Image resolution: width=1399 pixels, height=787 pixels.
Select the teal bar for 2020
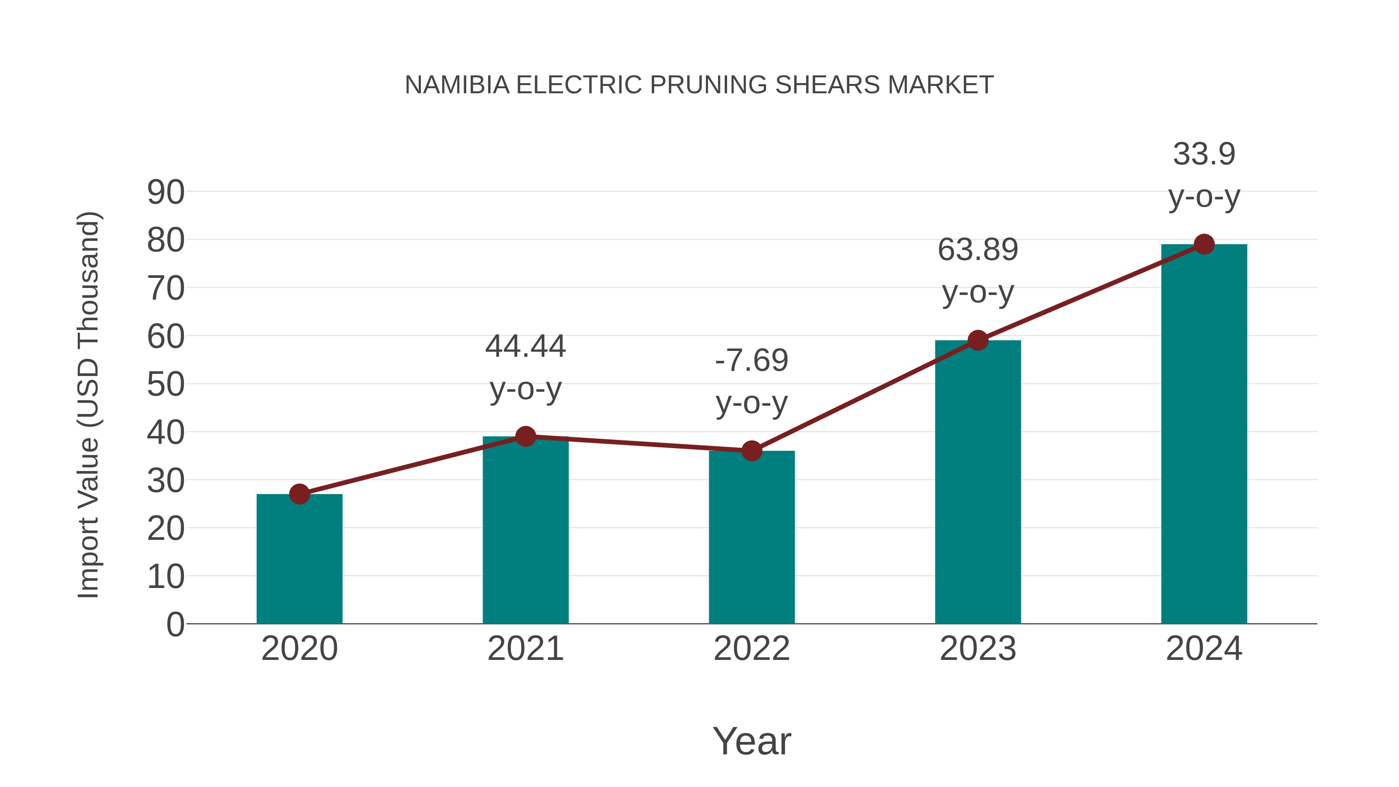[x=299, y=559]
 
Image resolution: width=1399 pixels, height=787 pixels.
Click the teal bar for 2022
[x=752, y=538]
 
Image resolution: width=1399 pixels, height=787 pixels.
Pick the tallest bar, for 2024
[x=1204, y=435]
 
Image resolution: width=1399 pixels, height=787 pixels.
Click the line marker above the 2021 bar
[x=525, y=436]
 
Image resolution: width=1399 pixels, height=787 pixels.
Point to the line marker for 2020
[x=299, y=494]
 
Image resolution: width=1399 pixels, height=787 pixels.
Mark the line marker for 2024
[x=1204, y=244]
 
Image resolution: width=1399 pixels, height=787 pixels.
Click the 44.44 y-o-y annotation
[x=525, y=367]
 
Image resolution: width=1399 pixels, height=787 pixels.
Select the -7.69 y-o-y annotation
[x=752, y=381]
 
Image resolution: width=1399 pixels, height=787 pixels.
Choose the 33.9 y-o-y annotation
[x=1204, y=175]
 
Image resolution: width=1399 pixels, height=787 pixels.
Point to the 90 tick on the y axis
[x=166, y=192]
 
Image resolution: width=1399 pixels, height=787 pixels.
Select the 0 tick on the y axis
[x=175, y=625]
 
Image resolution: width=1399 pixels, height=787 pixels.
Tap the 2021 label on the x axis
[x=525, y=649]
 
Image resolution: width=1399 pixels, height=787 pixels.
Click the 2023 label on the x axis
[x=978, y=649]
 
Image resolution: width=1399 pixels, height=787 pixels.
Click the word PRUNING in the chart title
[x=709, y=85]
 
